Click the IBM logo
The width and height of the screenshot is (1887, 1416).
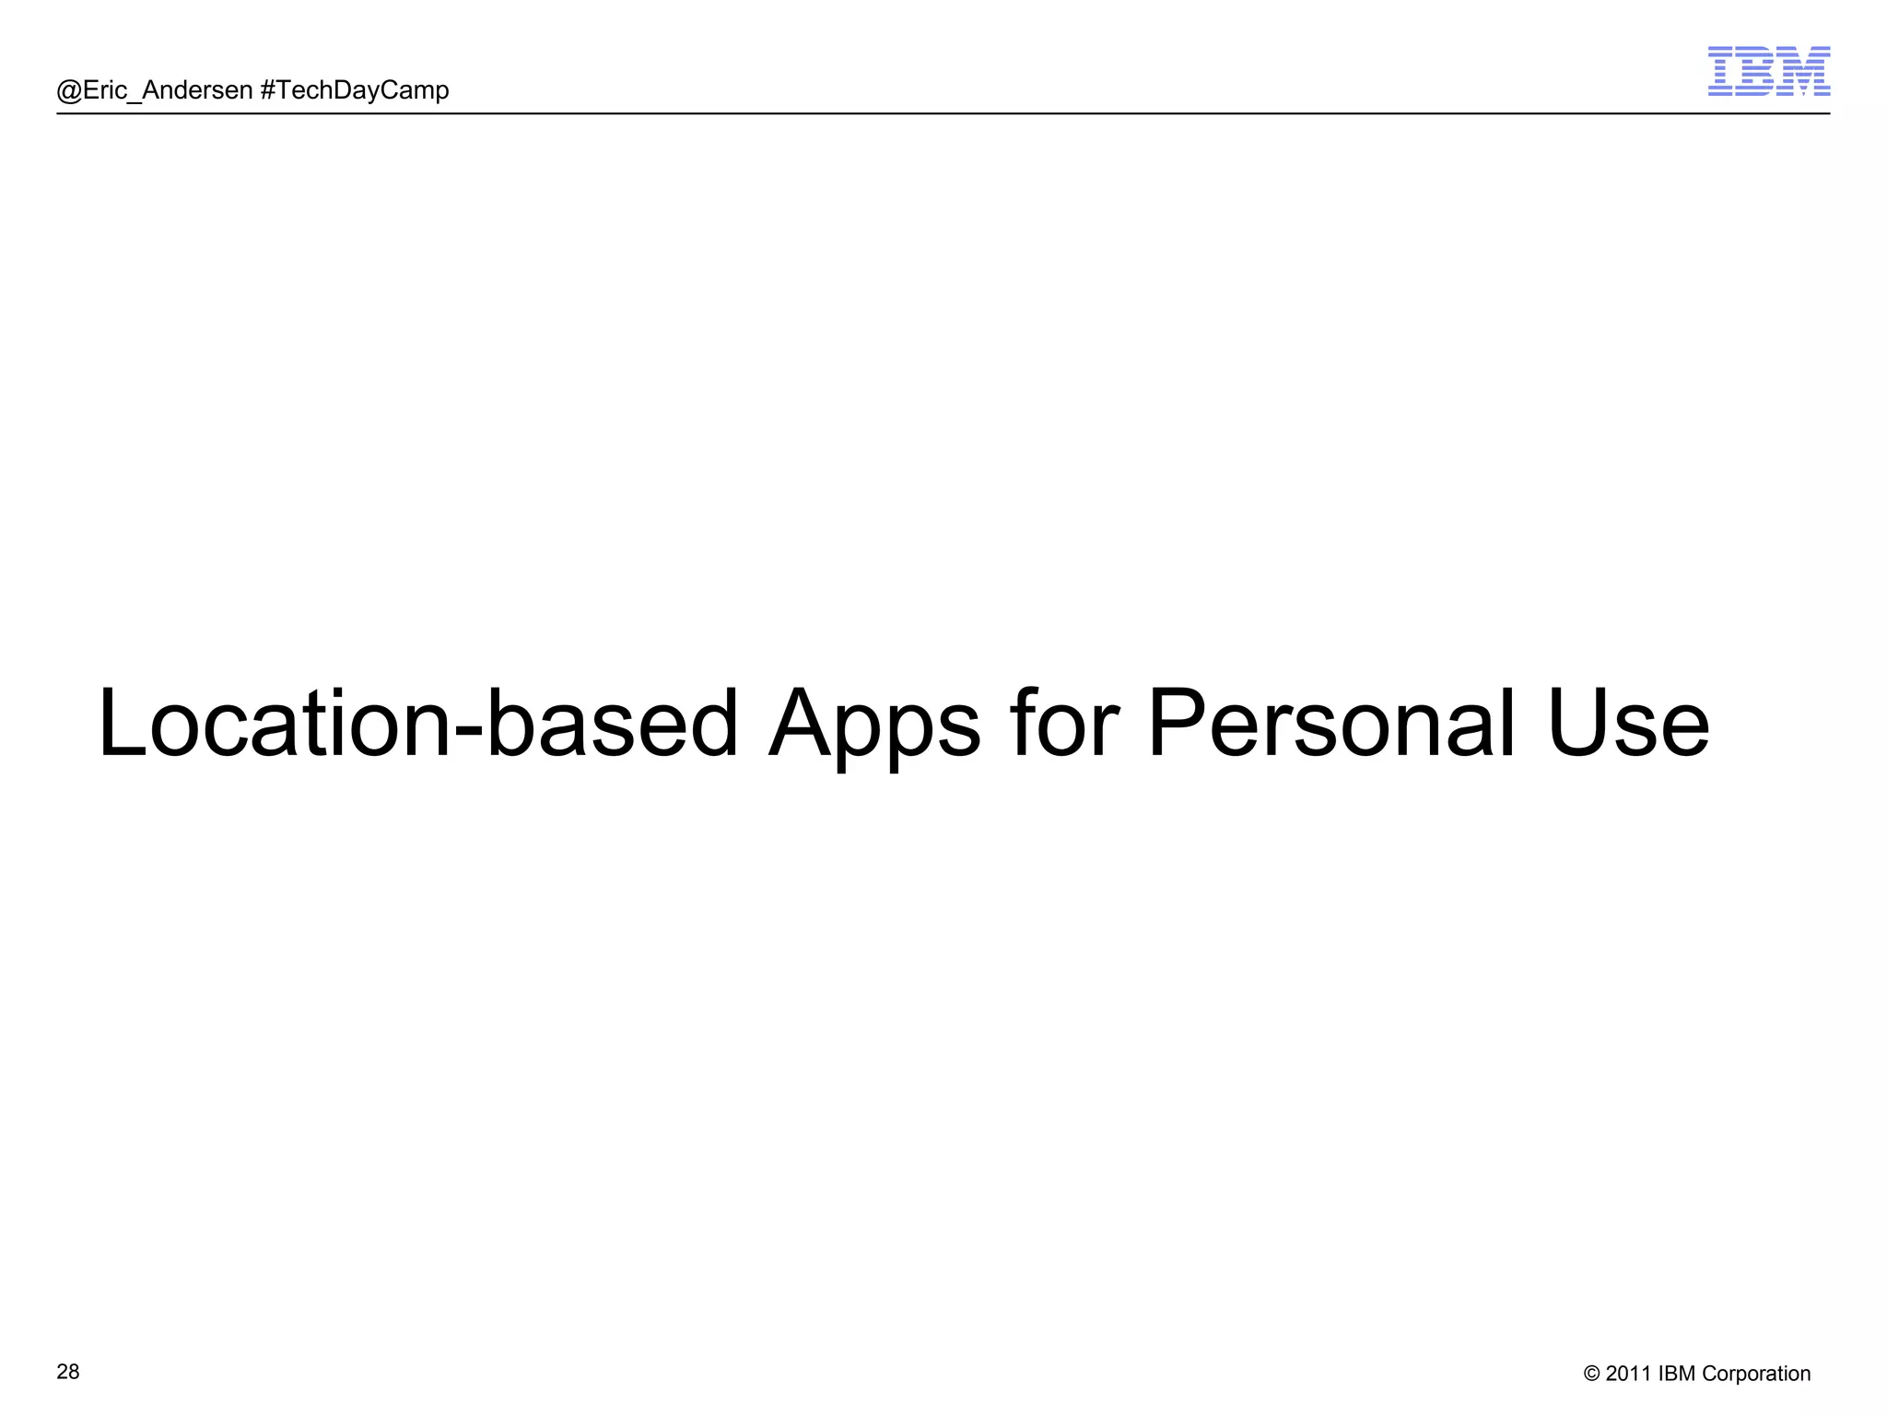point(1768,71)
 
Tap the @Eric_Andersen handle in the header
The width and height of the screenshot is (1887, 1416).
point(155,90)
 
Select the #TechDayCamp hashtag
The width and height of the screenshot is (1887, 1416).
point(355,90)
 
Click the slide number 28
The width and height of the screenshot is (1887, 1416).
point(68,1372)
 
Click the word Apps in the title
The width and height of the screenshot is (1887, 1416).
point(873,725)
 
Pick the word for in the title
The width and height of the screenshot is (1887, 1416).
point(1064,725)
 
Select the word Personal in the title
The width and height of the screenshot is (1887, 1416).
point(1331,725)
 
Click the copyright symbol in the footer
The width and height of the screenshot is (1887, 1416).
point(1591,1374)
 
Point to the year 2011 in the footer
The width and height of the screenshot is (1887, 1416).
point(1628,1374)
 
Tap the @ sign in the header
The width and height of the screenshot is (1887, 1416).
point(69,90)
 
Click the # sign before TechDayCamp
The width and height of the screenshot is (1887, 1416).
point(268,90)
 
